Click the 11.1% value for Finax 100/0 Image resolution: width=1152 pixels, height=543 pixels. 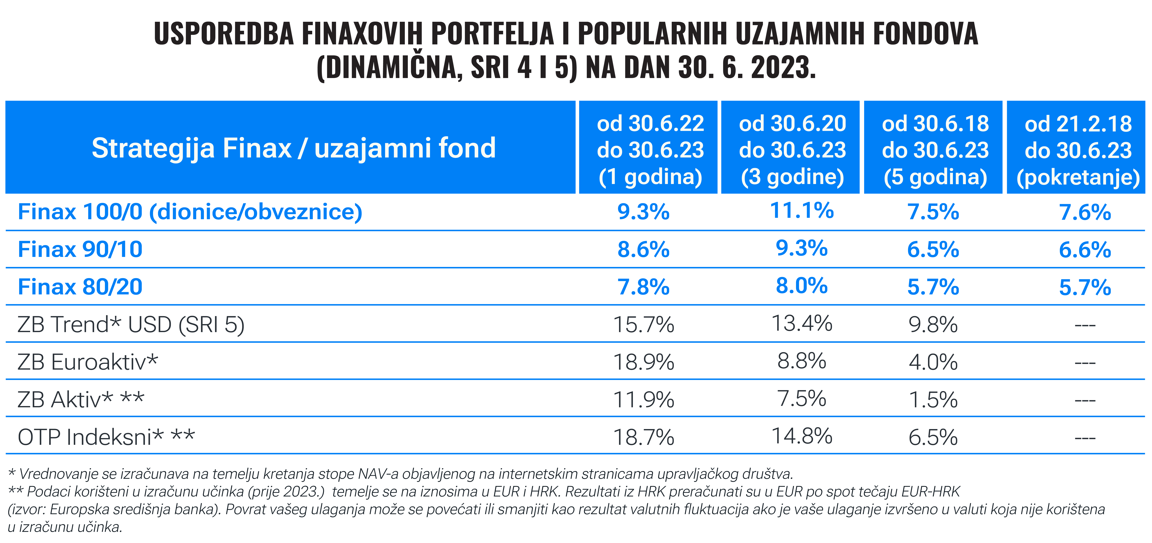(x=801, y=211)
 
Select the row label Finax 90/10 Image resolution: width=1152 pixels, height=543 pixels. (x=80, y=249)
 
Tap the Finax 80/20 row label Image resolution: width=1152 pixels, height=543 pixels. (x=80, y=287)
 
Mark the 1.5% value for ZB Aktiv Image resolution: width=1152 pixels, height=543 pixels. (x=933, y=400)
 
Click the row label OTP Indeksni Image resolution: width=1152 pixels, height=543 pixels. (x=106, y=437)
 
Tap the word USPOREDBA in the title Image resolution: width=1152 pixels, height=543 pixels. (x=224, y=34)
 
